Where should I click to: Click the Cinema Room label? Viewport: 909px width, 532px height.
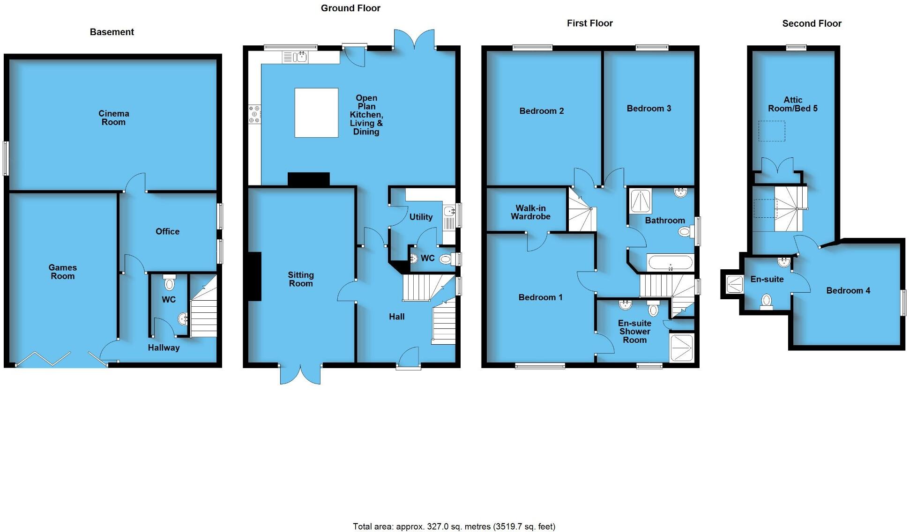point(113,118)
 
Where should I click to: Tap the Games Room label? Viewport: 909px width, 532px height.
point(62,272)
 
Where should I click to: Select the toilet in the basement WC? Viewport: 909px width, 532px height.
point(169,283)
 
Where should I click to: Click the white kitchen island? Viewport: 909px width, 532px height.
point(316,112)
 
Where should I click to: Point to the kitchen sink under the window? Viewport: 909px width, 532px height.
point(295,57)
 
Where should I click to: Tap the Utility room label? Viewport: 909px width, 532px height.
point(420,217)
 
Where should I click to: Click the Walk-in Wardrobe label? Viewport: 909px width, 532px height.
point(530,212)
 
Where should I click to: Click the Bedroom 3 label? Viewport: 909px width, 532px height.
point(648,108)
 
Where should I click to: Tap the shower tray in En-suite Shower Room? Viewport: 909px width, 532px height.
point(681,347)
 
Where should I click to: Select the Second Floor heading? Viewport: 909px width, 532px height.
point(812,23)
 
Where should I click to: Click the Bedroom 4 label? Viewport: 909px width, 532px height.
point(848,290)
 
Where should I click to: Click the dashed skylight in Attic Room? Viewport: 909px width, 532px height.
point(771,131)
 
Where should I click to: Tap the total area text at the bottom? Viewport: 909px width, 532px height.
point(454,526)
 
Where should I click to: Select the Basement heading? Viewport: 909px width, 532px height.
point(112,32)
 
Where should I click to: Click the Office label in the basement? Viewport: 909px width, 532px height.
point(167,231)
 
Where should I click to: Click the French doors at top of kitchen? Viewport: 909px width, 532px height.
point(414,40)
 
